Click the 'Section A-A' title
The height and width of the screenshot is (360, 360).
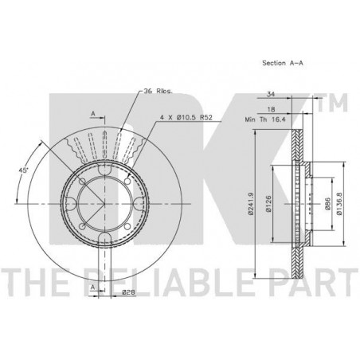pyautogui.click(x=283, y=63)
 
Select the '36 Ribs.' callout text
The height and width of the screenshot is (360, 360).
pyautogui.click(x=158, y=92)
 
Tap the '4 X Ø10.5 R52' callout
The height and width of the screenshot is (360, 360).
pyautogui.click(x=186, y=117)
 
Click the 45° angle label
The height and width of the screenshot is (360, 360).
pyautogui.click(x=23, y=170)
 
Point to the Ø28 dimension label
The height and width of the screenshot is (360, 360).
pyautogui.click(x=129, y=292)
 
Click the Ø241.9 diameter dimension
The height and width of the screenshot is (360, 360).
pyautogui.click(x=251, y=203)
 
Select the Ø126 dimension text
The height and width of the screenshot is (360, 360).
pyautogui.click(x=268, y=204)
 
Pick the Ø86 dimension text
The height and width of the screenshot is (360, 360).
pyautogui.click(x=327, y=204)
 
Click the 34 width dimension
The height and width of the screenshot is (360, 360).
pyautogui.click(x=271, y=94)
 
